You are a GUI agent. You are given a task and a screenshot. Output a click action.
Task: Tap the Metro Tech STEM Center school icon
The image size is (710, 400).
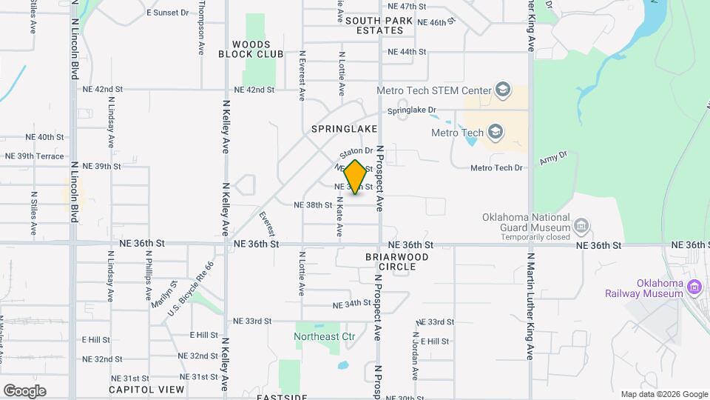pyautogui.click(x=504, y=90)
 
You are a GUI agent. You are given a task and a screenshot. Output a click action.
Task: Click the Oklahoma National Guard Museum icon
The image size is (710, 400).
pyautogui.click(x=581, y=225)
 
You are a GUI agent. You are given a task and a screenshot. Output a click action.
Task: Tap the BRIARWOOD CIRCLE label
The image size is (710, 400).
pyautogui.click(x=396, y=261)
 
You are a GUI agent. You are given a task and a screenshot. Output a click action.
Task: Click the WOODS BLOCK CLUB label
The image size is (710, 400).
pyautogui.click(x=251, y=50)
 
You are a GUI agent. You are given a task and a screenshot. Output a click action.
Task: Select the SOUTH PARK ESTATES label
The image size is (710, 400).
pyautogui.click(x=374, y=25)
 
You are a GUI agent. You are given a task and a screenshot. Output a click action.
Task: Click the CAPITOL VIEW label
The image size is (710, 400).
pyautogui.click(x=146, y=389)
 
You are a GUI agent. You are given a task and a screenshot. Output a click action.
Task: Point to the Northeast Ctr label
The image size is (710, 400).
pyautogui.click(x=325, y=336)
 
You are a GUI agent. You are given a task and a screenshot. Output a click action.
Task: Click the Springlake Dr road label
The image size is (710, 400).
pyautogui.click(x=413, y=111)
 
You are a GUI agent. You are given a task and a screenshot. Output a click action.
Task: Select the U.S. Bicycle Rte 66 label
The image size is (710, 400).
pyautogui.click(x=190, y=290)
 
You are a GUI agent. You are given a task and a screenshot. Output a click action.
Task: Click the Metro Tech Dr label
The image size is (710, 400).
pyautogui.click(x=496, y=168)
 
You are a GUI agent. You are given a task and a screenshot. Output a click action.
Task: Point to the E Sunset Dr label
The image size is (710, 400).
pyautogui.click(x=168, y=13)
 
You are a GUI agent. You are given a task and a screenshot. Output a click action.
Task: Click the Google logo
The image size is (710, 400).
pyautogui.click(x=24, y=390)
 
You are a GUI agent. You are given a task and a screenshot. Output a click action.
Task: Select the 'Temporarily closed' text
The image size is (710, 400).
pyautogui.click(x=535, y=237)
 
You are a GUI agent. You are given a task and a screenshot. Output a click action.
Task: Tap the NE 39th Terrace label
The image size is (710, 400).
pyautogui.click(x=35, y=156)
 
